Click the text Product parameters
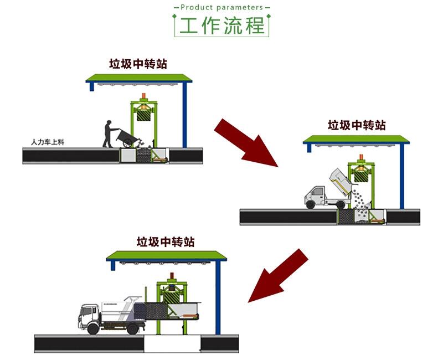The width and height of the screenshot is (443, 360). (221, 7)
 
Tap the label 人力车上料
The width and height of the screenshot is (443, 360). (48, 142)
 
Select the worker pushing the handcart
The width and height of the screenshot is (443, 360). (108, 133)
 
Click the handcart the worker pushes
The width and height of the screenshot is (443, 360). (129, 138)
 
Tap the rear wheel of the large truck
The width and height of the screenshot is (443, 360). (132, 329)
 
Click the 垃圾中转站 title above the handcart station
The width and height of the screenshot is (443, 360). (138, 64)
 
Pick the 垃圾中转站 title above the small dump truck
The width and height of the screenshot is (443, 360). (357, 125)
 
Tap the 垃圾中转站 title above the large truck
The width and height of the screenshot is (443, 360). (166, 242)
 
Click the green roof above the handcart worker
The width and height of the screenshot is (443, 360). (139, 78)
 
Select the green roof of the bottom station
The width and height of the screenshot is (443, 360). (167, 255)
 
